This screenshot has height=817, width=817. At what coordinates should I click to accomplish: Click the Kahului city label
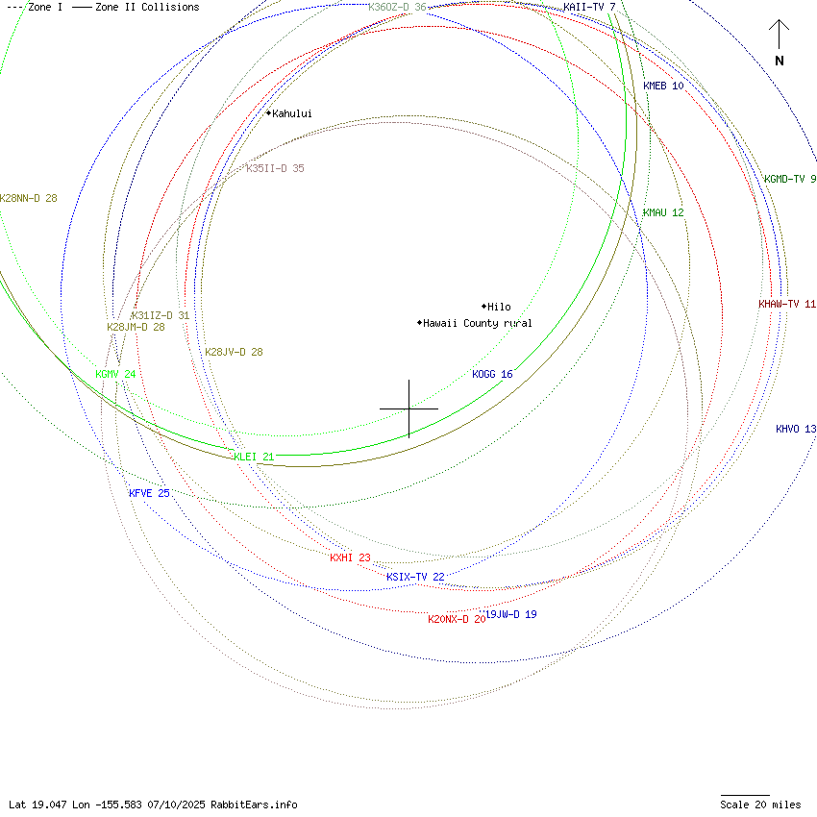tap(291, 113)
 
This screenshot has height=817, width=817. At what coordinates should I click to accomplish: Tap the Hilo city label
tap(499, 307)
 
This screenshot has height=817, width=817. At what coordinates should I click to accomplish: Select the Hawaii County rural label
tap(477, 323)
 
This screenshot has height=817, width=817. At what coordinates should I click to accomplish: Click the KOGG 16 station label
tap(492, 374)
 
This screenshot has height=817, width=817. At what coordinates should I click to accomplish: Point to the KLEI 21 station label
tap(254, 457)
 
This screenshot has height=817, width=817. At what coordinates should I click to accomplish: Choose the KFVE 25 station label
tap(149, 493)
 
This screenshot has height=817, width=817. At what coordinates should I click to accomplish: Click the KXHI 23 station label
tap(350, 557)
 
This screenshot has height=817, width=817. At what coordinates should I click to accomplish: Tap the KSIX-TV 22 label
tap(415, 577)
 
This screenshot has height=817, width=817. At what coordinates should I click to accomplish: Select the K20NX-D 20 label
tap(456, 619)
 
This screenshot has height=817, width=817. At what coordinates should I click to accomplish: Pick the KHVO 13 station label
tap(796, 429)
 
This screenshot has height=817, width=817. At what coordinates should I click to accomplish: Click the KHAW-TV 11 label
tap(786, 304)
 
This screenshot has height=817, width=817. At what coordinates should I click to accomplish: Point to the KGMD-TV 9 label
tap(789, 179)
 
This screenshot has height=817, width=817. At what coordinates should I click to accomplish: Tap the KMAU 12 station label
tap(663, 212)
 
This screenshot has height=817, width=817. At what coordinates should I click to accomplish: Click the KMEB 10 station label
tap(663, 86)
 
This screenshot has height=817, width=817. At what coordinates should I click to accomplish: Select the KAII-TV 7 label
tap(589, 7)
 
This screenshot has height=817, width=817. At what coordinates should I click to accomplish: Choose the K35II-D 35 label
tap(275, 168)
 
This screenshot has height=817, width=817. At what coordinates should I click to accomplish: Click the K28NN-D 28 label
tap(29, 198)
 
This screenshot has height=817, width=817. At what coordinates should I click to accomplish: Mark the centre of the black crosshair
tap(408, 408)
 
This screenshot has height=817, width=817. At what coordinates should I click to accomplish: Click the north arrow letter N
tap(780, 62)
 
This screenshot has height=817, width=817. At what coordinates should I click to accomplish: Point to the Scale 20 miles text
tap(760, 805)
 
